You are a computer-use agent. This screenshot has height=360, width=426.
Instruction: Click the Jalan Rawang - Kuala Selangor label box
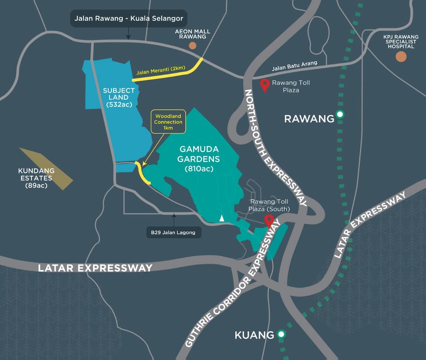click(129, 18)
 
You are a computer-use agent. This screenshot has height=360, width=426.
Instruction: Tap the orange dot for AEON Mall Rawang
click(192, 46)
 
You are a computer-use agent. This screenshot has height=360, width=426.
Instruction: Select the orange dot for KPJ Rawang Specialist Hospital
click(401, 57)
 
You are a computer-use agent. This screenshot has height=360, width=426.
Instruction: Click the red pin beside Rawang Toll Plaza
click(265, 84)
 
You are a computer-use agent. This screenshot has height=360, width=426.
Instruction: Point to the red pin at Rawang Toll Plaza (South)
click(269, 221)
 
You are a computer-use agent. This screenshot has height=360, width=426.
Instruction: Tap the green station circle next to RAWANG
click(340, 115)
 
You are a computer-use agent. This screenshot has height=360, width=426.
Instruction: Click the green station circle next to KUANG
click(281, 335)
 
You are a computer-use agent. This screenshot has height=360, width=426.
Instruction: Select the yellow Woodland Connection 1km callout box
click(168, 122)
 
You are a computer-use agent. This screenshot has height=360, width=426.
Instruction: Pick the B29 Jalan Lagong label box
click(174, 232)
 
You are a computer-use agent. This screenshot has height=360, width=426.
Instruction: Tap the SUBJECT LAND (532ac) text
click(119, 97)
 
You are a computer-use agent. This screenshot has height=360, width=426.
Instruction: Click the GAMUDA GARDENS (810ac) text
click(198, 159)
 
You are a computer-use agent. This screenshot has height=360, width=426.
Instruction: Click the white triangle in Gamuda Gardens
click(222, 218)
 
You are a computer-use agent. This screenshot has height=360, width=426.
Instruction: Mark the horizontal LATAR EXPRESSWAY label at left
click(95, 268)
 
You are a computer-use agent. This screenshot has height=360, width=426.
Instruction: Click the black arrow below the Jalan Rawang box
click(128, 36)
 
